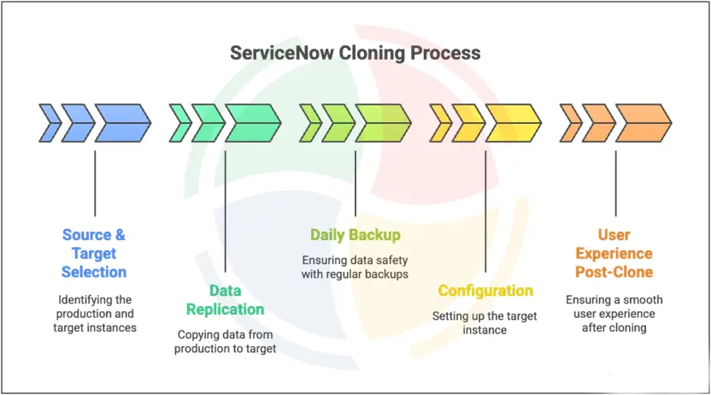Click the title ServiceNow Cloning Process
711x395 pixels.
click(355, 53)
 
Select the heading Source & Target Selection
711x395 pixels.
click(94, 253)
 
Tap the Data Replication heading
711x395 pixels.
click(225, 299)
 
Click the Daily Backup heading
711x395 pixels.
click(355, 235)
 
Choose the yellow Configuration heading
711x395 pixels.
click(485, 291)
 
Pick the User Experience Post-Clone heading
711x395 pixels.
click(614, 253)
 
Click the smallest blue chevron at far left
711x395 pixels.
click(50, 123)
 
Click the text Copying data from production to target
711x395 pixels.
click(225, 342)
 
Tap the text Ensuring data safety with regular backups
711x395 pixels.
click(355, 267)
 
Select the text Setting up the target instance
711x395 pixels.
click(485, 323)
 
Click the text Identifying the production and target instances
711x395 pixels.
click(94, 314)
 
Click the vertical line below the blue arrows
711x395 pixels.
click(95, 183)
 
